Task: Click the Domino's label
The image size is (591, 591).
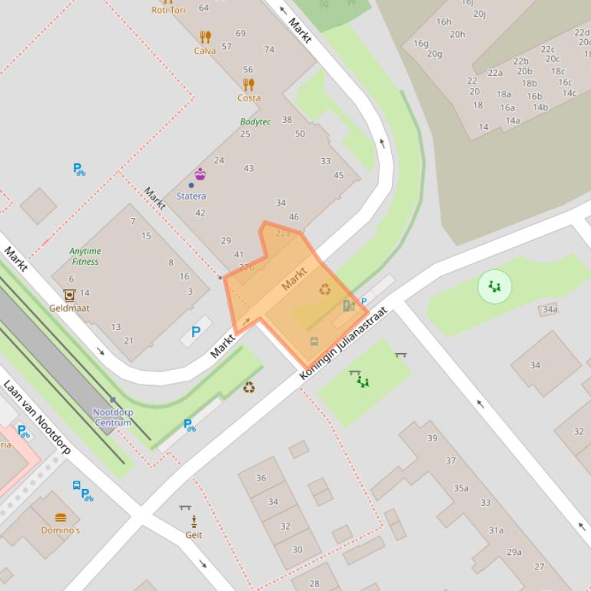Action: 61,530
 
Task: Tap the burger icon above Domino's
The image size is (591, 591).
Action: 61,517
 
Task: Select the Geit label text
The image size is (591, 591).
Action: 194,535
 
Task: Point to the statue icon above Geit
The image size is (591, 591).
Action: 194,521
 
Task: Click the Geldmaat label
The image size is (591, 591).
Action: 69,308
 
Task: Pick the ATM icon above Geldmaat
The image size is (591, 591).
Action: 69,295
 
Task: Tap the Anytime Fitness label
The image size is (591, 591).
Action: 85,256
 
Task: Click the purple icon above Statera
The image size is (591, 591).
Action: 200,174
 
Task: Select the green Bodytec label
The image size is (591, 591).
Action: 255,122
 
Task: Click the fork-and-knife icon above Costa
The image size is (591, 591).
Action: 248,84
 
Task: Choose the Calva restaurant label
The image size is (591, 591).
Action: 204,51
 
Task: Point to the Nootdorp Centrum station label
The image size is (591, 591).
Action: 113,418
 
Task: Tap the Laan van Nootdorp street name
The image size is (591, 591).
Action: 37,418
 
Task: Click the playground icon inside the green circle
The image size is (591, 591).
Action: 494,286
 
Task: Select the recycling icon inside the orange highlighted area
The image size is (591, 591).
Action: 325,289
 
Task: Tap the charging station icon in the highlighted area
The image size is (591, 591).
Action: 347,306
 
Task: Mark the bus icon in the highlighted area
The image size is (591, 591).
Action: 314,341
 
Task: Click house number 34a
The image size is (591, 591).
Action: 549,309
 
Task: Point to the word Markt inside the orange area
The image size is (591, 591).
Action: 294,279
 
